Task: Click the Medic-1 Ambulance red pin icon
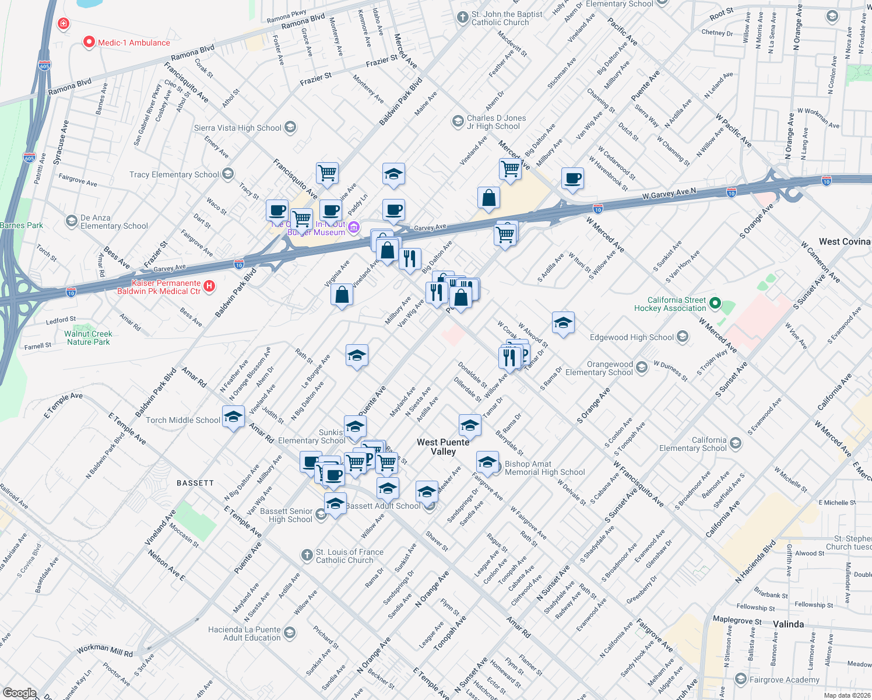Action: click(89, 42)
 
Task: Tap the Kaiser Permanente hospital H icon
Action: click(209, 286)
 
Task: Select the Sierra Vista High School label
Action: click(237, 128)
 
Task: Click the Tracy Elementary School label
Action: click(174, 174)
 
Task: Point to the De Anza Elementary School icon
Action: click(71, 221)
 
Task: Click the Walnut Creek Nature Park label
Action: click(88, 338)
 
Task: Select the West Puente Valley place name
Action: click(443, 447)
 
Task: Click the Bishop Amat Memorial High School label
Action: click(544, 468)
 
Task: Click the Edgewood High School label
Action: click(631, 337)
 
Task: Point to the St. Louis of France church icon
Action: click(307, 555)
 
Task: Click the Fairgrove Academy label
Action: click(784, 680)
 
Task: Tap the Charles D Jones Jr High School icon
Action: click(458, 121)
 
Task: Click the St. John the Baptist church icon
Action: click(463, 17)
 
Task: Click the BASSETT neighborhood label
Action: click(195, 483)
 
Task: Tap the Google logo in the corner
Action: click(19, 692)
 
